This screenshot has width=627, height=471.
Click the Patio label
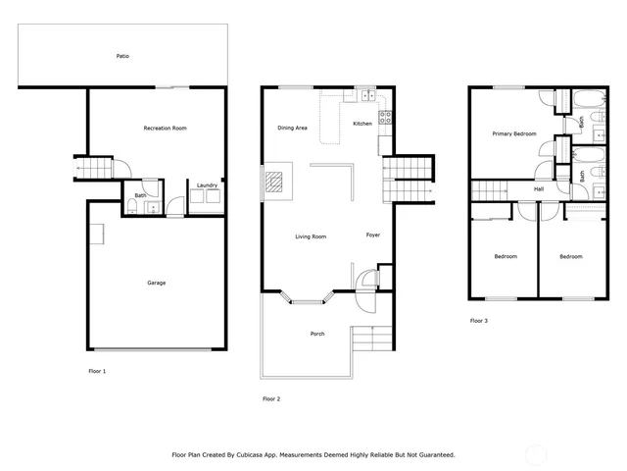click(x=122, y=56)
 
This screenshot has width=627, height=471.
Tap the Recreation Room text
click(x=165, y=129)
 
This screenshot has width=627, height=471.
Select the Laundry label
click(x=207, y=185)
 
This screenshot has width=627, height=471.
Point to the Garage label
click(x=157, y=283)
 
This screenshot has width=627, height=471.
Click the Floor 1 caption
click(x=97, y=371)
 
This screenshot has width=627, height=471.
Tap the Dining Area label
click(x=293, y=128)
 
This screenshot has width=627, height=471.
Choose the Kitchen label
click(x=362, y=123)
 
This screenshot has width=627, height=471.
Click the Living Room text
click(x=312, y=236)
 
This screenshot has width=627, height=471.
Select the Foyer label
click(x=373, y=235)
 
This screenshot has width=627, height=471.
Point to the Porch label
click(x=317, y=335)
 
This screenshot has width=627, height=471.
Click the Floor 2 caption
click(x=271, y=398)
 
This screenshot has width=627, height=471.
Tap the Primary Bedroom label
click(x=513, y=133)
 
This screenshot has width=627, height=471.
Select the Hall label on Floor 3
click(x=539, y=189)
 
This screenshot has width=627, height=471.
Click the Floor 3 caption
click(x=479, y=321)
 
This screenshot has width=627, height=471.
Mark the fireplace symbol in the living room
click(x=273, y=181)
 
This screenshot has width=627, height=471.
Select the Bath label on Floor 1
click(x=140, y=195)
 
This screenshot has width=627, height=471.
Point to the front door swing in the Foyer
click(x=366, y=279)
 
